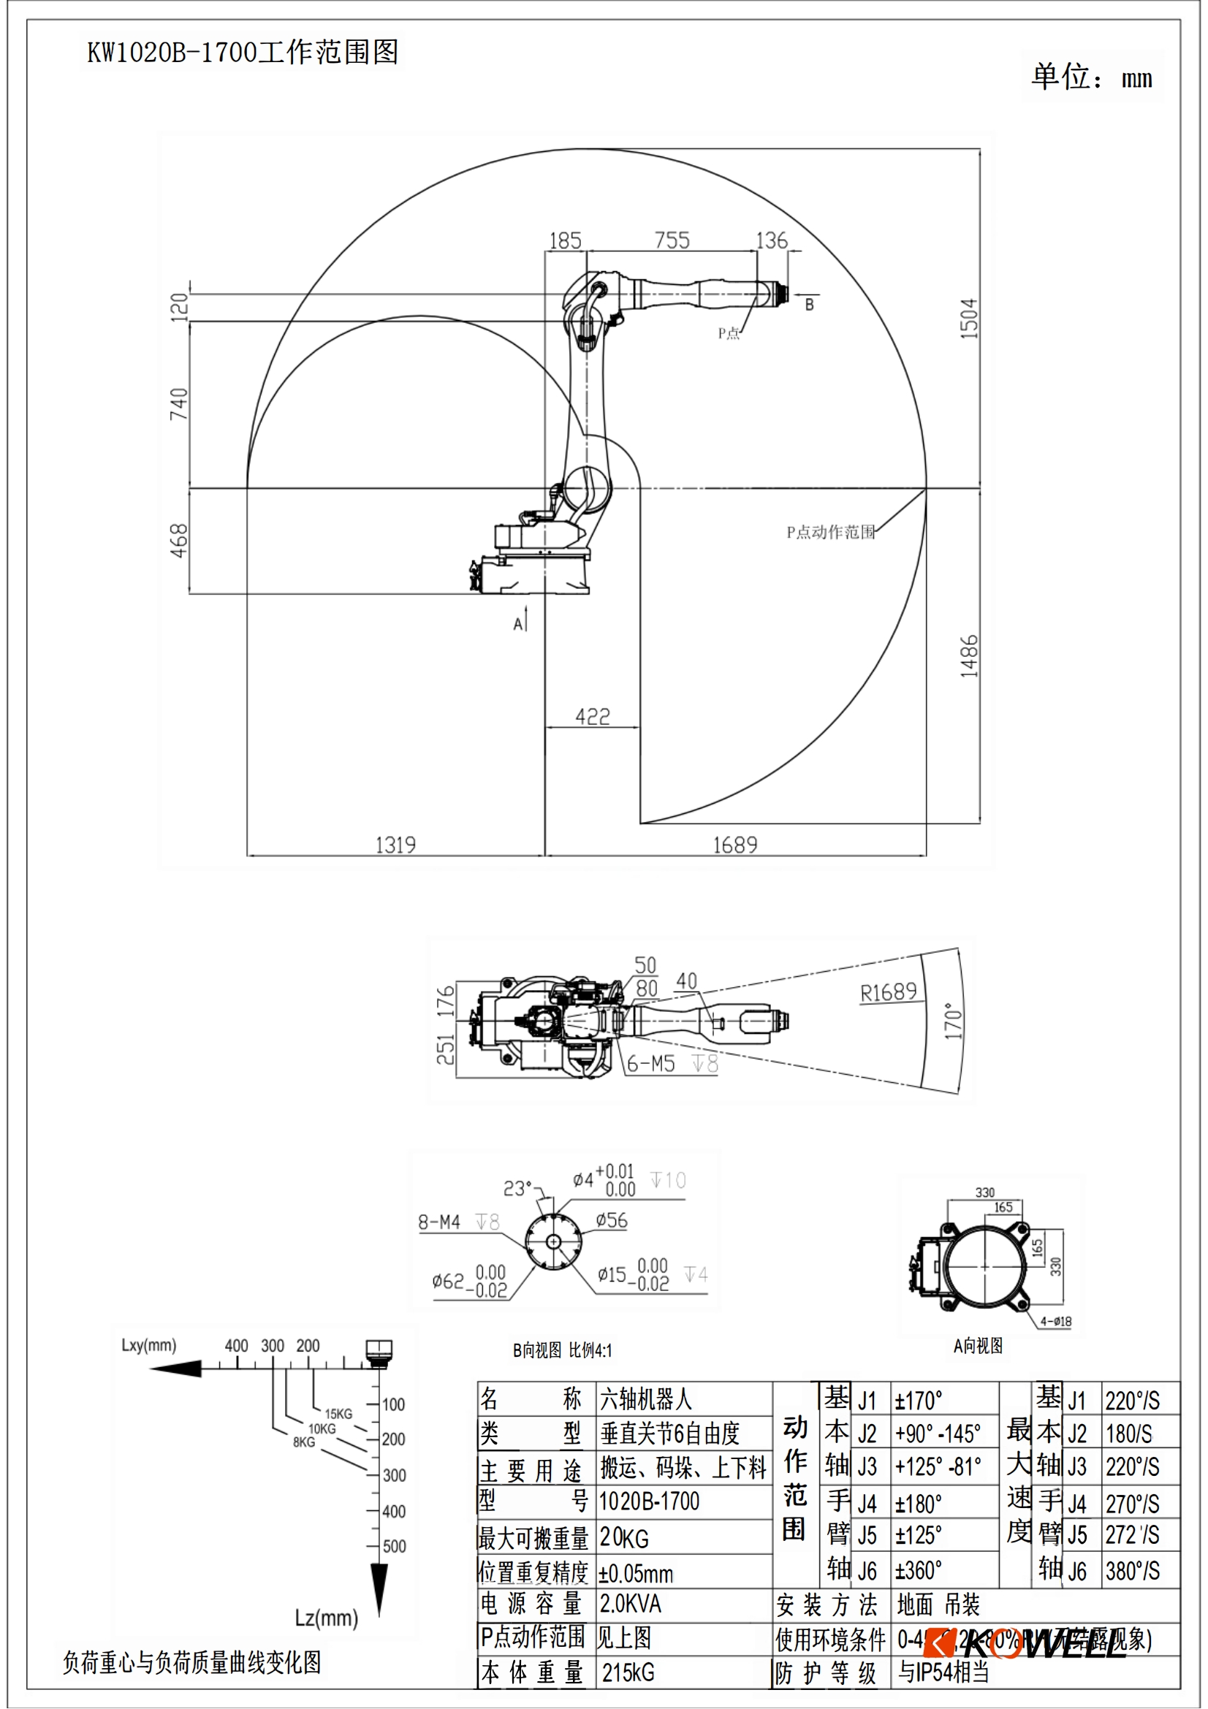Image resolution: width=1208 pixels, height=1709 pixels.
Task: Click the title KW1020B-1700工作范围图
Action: (x=243, y=52)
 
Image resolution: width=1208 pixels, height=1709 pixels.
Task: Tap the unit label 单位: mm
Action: (x=1090, y=77)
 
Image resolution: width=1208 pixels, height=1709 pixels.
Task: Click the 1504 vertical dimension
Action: (x=968, y=319)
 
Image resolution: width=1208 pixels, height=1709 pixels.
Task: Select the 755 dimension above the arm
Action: (x=672, y=240)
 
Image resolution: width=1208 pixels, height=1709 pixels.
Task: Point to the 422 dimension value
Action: (x=593, y=716)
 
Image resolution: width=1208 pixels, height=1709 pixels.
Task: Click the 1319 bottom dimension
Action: (x=395, y=845)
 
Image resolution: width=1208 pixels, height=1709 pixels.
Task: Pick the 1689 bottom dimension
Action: (x=734, y=845)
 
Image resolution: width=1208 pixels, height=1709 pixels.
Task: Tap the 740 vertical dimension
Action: (x=178, y=404)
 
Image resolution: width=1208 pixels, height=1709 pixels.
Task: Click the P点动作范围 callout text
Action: (x=830, y=532)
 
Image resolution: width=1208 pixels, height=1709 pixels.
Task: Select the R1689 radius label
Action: (x=888, y=992)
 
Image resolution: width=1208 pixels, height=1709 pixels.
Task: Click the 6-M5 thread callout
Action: (x=650, y=1064)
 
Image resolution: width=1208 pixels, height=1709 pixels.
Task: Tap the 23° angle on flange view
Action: (x=517, y=1188)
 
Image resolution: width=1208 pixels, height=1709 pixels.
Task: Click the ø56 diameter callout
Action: (x=612, y=1220)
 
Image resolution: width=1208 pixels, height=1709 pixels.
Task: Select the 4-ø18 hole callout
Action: (x=1055, y=1321)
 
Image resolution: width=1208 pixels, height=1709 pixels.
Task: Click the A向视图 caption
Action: (x=978, y=1346)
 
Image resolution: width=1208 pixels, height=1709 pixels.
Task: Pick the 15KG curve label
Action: (x=338, y=1414)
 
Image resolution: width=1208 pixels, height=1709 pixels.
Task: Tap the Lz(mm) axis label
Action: (x=326, y=1618)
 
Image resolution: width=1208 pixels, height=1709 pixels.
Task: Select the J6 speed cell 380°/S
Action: (x=1132, y=1571)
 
